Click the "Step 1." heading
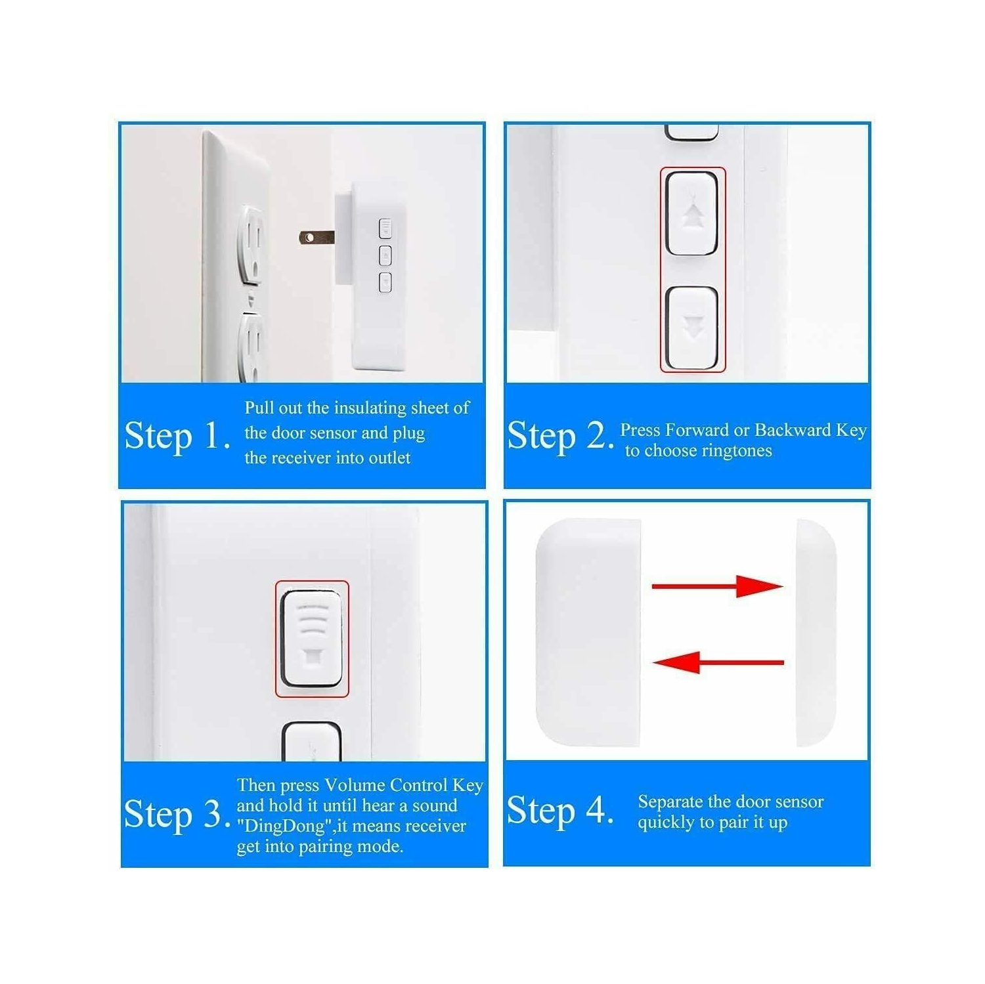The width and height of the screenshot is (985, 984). pos(177,436)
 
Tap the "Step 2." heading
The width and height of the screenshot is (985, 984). pos(559,436)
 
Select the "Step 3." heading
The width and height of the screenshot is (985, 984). pos(177,814)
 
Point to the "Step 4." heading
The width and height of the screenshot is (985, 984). pos(559,810)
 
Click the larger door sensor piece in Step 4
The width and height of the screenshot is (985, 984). pos(588,632)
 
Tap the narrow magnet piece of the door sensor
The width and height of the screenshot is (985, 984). pos(816,632)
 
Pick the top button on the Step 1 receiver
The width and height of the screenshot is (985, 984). pos(385,228)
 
